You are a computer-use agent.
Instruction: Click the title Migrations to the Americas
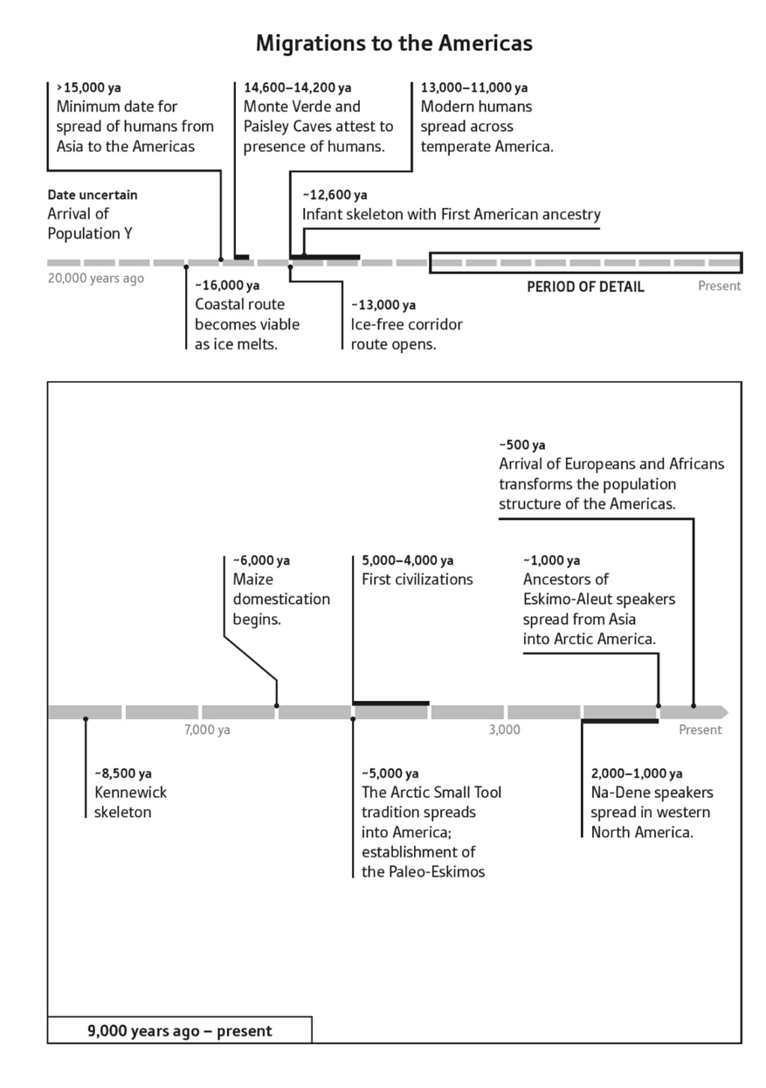coord(394,43)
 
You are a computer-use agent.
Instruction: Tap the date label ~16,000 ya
coord(227,286)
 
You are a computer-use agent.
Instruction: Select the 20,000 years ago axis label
coord(96,279)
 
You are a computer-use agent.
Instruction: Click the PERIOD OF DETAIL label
coord(585,287)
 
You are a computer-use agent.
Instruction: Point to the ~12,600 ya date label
coord(335,195)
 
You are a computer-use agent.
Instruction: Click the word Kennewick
coord(130,793)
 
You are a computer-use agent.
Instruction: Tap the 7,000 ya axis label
coord(207,730)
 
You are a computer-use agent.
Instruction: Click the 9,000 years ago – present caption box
coord(179,1030)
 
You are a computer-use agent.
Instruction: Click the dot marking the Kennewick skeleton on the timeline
coord(86,719)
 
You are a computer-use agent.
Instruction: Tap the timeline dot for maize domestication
coord(277,705)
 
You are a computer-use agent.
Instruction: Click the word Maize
coord(252,579)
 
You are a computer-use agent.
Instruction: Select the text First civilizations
coord(417,579)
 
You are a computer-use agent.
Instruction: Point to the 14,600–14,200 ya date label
coord(297,87)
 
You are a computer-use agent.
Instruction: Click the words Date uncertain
coord(93,195)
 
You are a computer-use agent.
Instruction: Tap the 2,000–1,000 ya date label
coord(637,773)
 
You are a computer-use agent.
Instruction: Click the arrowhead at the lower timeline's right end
coord(721,712)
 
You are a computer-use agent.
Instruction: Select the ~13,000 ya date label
coord(383,305)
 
